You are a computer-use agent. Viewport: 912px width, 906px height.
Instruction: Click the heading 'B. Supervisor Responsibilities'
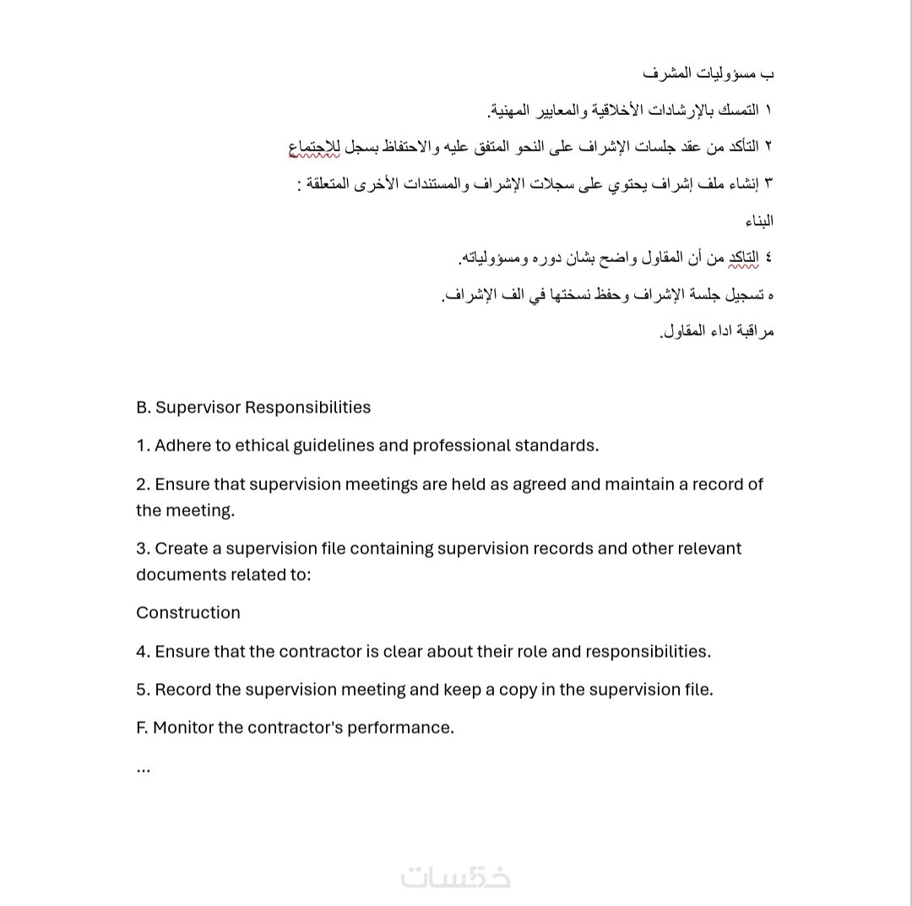tap(253, 407)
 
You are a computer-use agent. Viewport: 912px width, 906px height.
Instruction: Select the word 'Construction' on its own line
tap(188, 613)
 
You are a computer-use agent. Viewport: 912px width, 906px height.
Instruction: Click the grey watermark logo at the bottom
tap(456, 877)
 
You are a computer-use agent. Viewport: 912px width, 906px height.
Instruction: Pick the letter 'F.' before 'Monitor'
tap(142, 728)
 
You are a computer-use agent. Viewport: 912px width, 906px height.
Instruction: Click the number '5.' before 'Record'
tap(144, 690)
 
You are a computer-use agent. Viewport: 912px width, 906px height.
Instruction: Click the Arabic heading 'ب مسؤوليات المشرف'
tap(708, 74)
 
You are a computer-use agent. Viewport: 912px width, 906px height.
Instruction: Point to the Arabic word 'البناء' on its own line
tap(758, 221)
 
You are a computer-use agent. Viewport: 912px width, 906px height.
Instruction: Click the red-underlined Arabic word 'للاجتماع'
tap(319, 147)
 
